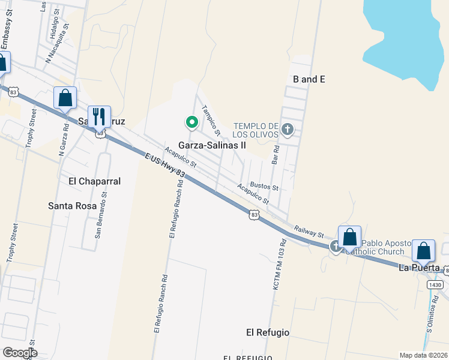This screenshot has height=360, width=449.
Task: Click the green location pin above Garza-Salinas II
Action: pyautogui.click(x=192, y=123)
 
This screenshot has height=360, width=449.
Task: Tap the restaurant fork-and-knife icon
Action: pyautogui.click(x=99, y=116)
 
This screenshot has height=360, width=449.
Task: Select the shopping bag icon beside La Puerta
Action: pyautogui.click(x=424, y=251)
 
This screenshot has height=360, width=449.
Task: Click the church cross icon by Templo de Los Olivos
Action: pyautogui.click(x=288, y=129)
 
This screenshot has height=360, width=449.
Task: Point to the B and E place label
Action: pyautogui.click(x=309, y=79)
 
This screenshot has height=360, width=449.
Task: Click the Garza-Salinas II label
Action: pyautogui.click(x=212, y=146)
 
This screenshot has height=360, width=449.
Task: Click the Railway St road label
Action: pyautogui.click(x=309, y=230)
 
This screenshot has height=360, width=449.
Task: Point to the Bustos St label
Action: pyautogui.click(x=264, y=187)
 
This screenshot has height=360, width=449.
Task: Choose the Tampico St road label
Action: pyautogui.click(x=211, y=119)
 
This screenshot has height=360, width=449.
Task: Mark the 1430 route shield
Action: pyautogui.click(x=436, y=285)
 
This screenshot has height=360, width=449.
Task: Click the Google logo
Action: pyautogui.click(x=20, y=353)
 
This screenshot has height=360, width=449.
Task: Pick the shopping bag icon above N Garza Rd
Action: pyautogui.click(x=65, y=98)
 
